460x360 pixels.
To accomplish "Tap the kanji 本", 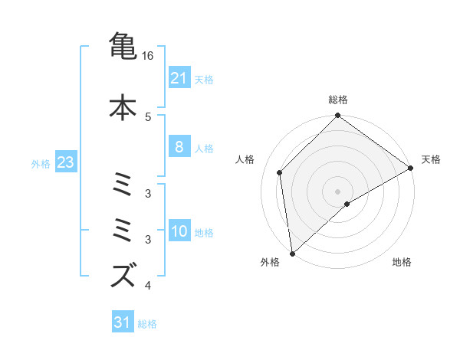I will click(123, 106).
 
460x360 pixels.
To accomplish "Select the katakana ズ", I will click(123, 274).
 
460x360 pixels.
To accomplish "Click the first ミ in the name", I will click(123, 186).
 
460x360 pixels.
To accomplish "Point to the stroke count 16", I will click(148, 56).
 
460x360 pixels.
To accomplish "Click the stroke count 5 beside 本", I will click(148, 116).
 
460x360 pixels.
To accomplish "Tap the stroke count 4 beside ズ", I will click(148, 286).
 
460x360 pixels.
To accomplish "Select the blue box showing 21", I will click(179, 77).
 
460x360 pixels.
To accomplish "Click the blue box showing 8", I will click(179, 147).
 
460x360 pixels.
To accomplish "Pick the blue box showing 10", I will click(179, 231).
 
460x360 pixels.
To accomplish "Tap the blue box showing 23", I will click(65, 162).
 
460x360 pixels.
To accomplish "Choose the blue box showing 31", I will click(123, 322).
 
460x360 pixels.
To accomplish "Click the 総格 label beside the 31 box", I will click(148, 324).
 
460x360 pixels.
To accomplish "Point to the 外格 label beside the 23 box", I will click(41, 163).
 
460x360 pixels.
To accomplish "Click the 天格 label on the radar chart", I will click(431, 159).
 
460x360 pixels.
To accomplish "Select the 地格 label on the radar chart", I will click(402, 262).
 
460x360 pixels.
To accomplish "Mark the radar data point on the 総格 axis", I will click(337, 116).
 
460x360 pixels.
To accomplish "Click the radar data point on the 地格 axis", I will click(347, 204).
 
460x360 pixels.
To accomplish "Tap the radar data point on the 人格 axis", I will click(280, 172).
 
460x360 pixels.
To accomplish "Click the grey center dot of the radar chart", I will click(337, 191).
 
